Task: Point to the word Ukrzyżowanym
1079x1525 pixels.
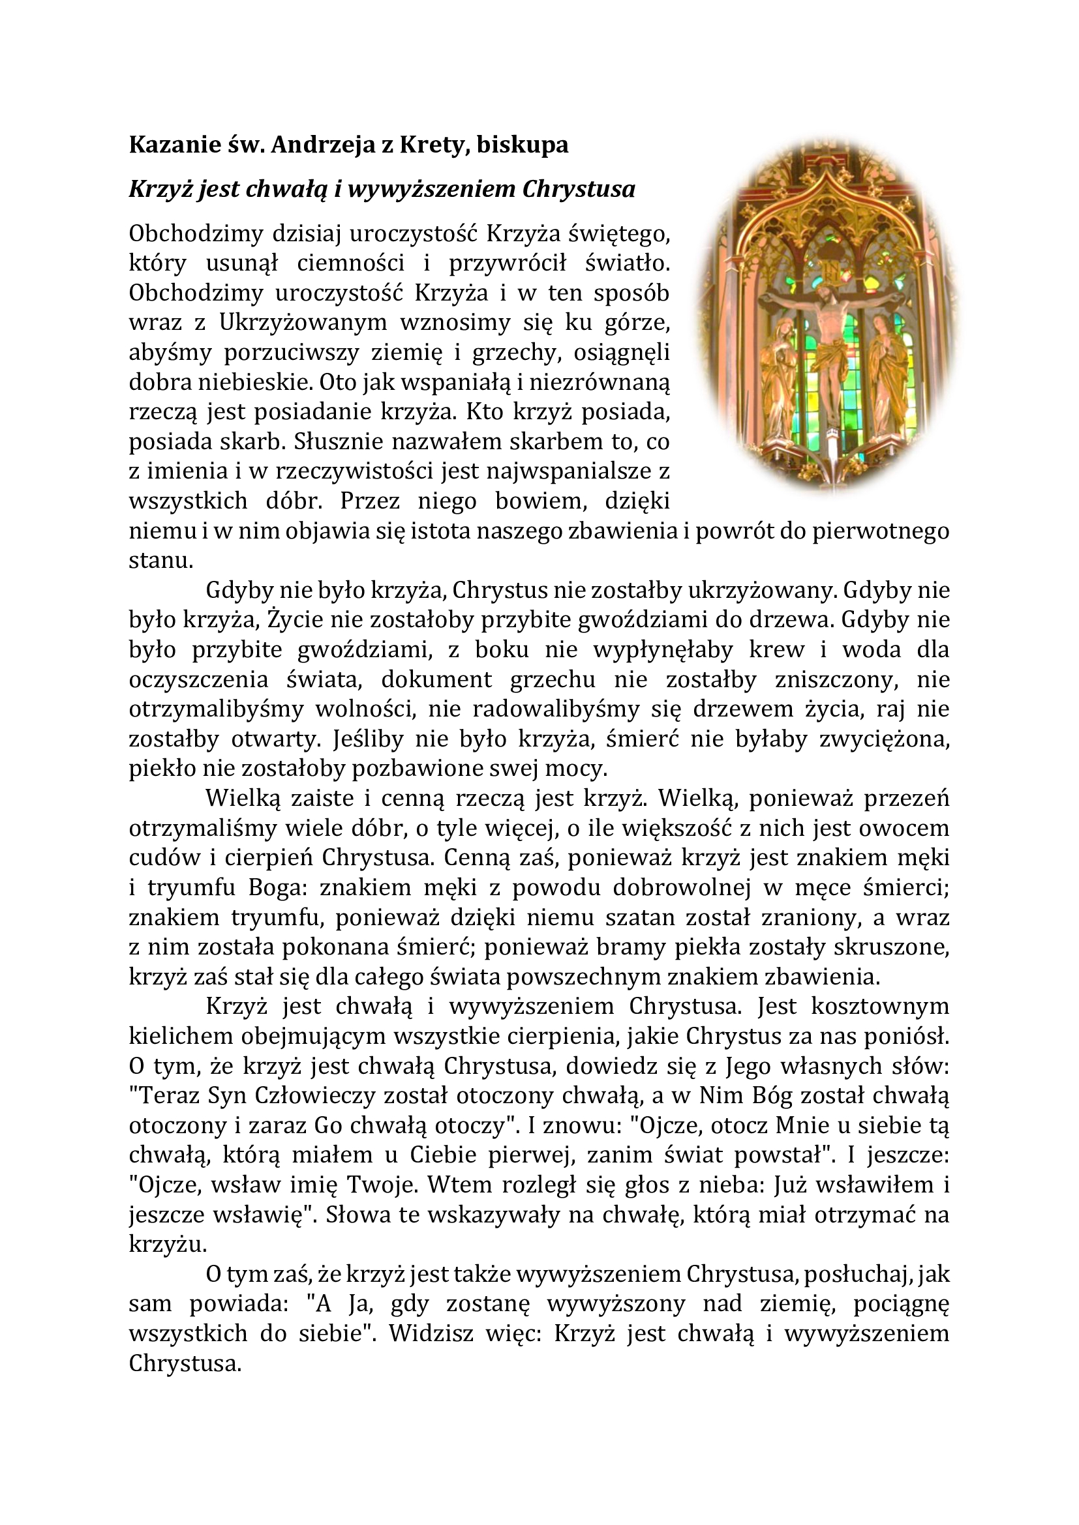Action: point(302,322)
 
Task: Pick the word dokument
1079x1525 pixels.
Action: point(436,679)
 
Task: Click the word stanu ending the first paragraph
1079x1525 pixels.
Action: point(160,561)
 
